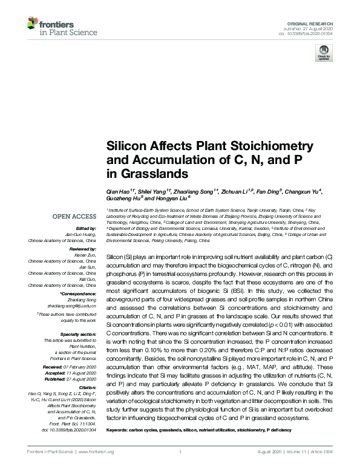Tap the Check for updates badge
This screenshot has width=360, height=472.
322,54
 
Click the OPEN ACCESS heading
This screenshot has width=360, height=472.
74,216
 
